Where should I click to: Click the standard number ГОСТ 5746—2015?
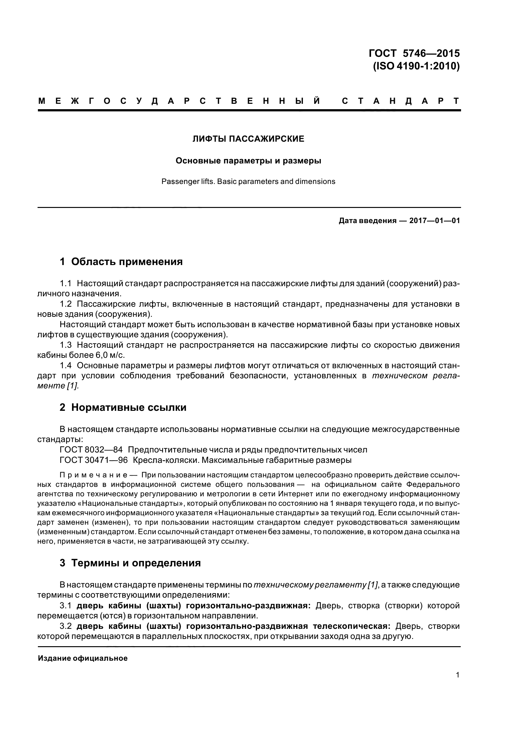pyautogui.click(x=414, y=53)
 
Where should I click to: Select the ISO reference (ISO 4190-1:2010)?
pyautogui.click(x=416, y=66)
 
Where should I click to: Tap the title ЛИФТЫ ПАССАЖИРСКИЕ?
pyautogui.click(x=248, y=139)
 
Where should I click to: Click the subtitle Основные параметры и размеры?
pyautogui.click(x=248, y=160)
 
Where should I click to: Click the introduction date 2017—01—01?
pyautogui.click(x=434, y=221)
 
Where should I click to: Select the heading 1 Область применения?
pyautogui.click(x=121, y=262)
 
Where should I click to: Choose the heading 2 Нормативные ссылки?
pyautogui.click(x=123, y=408)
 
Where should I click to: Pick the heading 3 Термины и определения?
pyautogui.click(x=130, y=572)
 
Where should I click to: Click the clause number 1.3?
pyautogui.click(x=66, y=345)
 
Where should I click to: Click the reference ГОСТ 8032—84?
pyautogui.click(x=91, y=450)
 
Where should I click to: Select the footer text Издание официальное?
pyautogui.click(x=83, y=658)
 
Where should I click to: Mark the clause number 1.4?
pyautogui.click(x=66, y=365)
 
